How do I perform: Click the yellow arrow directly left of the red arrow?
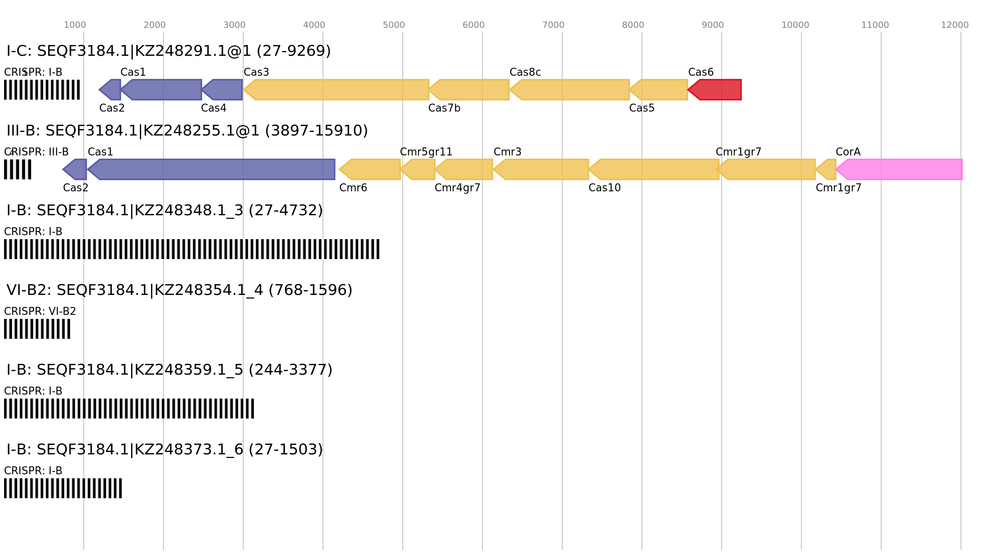click(x=660, y=90)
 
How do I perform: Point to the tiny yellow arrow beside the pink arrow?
click(x=827, y=169)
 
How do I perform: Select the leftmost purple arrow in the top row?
click(x=110, y=90)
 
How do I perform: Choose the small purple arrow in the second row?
click(x=75, y=169)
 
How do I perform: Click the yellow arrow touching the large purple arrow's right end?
click(x=370, y=169)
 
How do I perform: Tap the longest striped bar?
click(x=192, y=249)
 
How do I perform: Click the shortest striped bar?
click(x=18, y=169)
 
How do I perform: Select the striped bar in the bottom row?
click(x=63, y=488)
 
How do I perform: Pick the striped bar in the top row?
click(x=42, y=90)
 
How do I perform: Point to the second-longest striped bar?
click(x=129, y=409)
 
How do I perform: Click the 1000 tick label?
click(x=75, y=25)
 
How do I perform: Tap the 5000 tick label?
click(x=394, y=25)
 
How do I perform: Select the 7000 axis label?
click(x=553, y=25)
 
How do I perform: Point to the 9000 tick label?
click(x=713, y=25)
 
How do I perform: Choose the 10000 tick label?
click(x=795, y=25)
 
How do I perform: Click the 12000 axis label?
click(x=955, y=25)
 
